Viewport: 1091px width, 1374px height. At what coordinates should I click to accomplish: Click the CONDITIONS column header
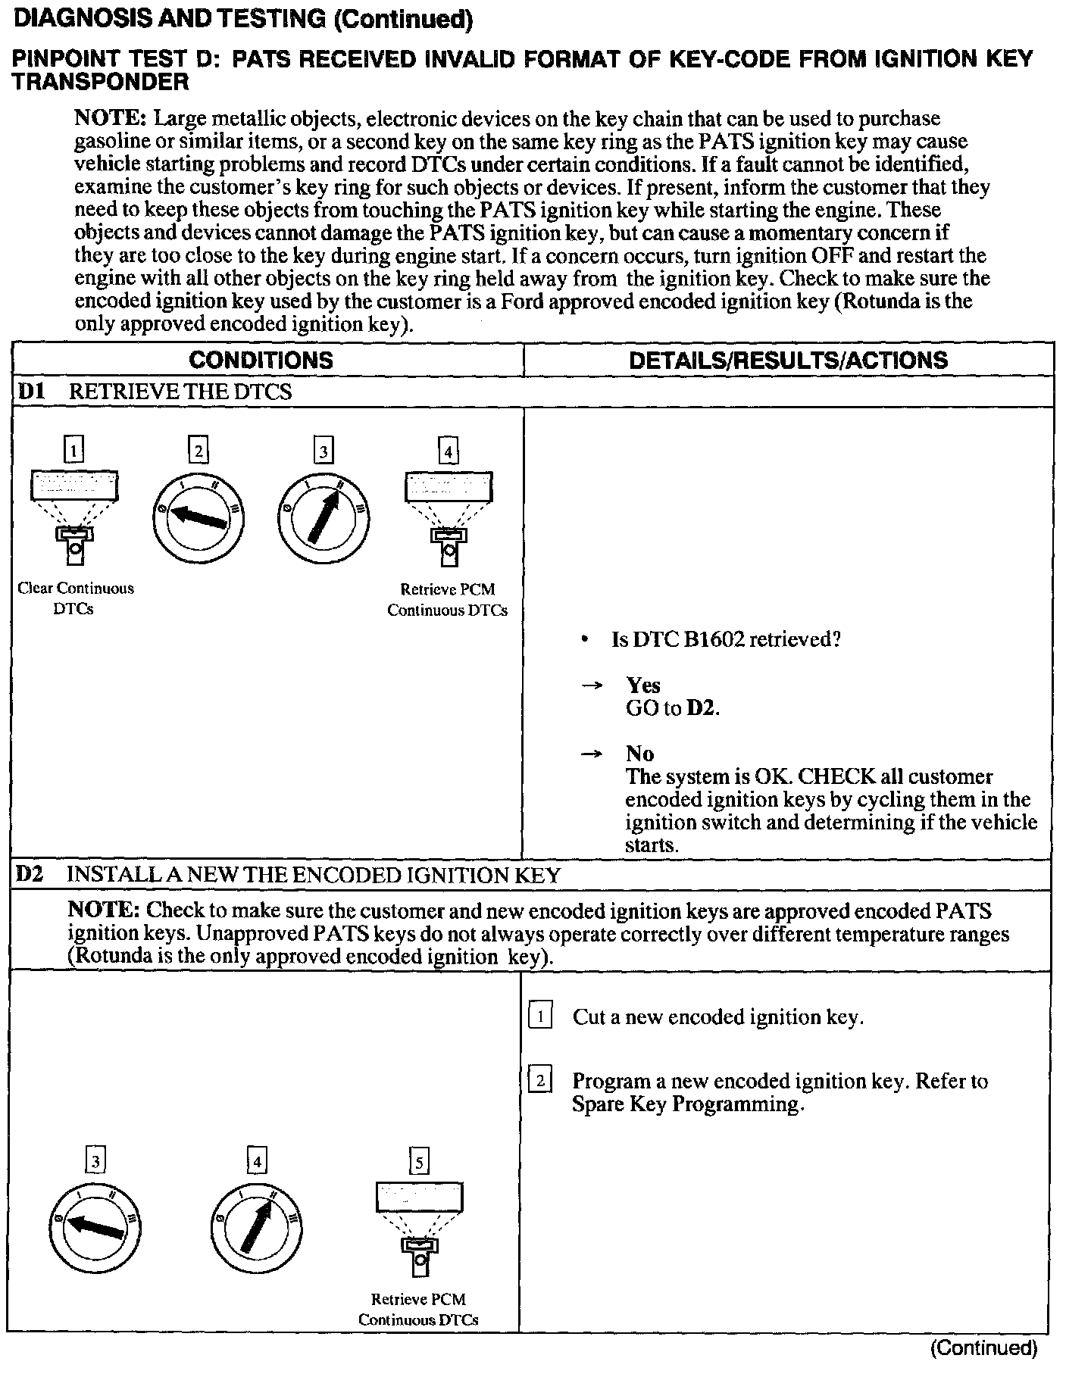pos(261,360)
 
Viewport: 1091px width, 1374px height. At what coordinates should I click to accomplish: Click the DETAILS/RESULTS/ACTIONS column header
pos(788,360)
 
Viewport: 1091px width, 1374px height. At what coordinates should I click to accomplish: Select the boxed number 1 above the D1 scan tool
pos(73,451)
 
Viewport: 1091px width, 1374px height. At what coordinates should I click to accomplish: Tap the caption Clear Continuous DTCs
pos(75,598)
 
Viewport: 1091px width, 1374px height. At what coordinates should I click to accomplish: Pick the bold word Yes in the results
pos(643,685)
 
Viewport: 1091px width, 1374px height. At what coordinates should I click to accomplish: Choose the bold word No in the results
pos(639,754)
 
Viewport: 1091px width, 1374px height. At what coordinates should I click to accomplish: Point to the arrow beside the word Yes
pos(591,685)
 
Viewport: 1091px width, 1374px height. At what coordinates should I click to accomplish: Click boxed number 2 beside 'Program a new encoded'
pos(539,1080)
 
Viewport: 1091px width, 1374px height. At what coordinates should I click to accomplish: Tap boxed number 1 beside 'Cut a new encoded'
pos(539,1016)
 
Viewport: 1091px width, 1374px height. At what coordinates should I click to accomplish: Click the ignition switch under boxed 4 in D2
pos(256,1227)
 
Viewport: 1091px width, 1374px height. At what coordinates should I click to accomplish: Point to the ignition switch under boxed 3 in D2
pos(95,1227)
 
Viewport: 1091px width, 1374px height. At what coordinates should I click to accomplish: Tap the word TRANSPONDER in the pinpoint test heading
pos(100,82)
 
